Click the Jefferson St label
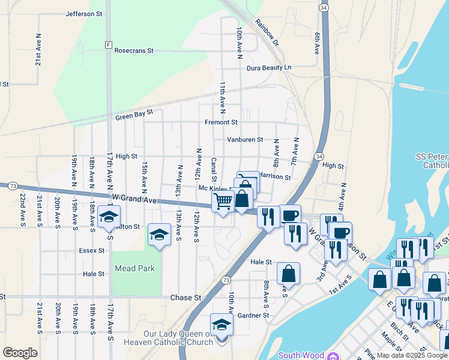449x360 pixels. [84, 13]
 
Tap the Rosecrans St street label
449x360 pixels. [133, 51]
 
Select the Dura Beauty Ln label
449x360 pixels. [268, 68]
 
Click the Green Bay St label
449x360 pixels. [134, 114]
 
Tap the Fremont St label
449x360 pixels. [221, 122]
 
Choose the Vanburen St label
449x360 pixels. [245, 140]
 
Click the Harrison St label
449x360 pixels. [276, 178]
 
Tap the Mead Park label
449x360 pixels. [135, 268]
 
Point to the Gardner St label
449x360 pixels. [253, 315]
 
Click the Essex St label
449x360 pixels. [92, 250]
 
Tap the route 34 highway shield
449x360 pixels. [324, 7]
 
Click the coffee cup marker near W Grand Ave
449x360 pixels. [290, 215]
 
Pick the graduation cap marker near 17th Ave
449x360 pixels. [109, 216]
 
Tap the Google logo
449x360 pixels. [20, 353]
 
